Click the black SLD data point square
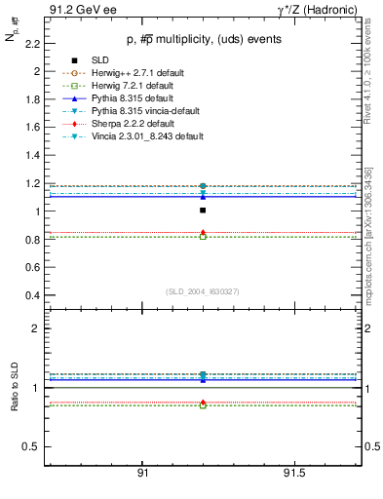(x=203, y=210)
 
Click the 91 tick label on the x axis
(x=142, y=473)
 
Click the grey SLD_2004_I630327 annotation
(x=203, y=290)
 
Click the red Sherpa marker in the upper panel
(x=203, y=233)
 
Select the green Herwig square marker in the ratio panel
(x=203, y=404)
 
